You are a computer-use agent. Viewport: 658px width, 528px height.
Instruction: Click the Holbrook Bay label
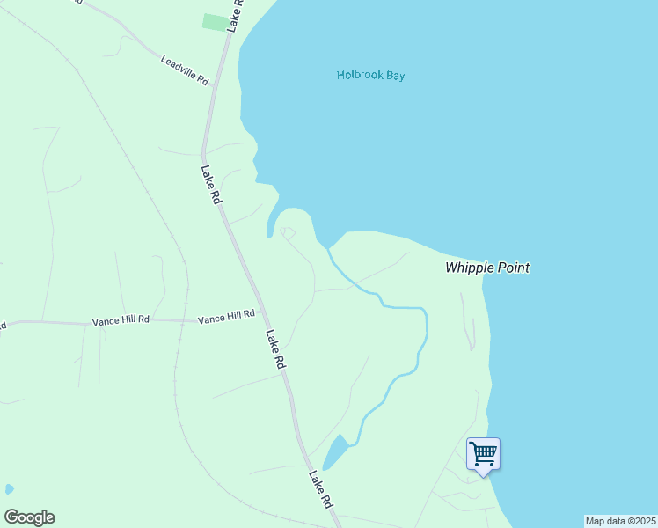[x=370, y=76]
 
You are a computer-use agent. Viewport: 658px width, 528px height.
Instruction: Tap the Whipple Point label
[x=487, y=268]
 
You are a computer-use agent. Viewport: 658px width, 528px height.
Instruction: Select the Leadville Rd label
[x=185, y=70]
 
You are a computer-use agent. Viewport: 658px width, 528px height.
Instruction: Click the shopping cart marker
[x=483, y=454]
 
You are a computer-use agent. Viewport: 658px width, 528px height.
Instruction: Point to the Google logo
[x=29, y=517]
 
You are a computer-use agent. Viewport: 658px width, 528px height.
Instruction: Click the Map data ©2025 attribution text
[x=620, y=521]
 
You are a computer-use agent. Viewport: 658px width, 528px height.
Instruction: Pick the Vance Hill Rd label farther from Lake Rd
[x=121, y=322]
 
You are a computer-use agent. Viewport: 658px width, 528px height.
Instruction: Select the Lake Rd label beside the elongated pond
[x=319, y=488]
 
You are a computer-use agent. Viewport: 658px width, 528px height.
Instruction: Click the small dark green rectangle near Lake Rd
[x=215, y=22]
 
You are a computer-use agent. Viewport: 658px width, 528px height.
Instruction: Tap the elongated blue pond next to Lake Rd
[x=335, y=451]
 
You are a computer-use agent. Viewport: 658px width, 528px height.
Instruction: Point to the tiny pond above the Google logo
[x=9, y=488]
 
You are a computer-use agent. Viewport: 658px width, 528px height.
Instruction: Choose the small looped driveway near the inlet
[x=288, y=232]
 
